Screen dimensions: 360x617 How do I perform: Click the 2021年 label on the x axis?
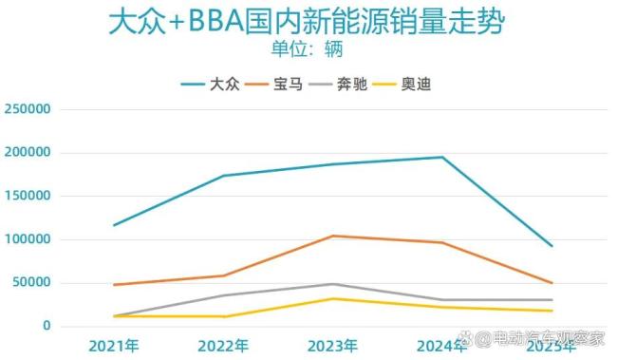click(x=113, y=345)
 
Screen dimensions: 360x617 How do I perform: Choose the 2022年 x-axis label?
click(x=223, y=345)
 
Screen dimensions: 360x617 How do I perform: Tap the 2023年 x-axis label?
click(x=332, y=345)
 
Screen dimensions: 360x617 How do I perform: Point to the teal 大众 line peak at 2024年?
click(x=442, y=158)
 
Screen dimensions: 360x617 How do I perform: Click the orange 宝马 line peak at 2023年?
click(x=332, y=236)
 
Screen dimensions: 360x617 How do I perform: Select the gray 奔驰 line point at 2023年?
click(x=332, y=284)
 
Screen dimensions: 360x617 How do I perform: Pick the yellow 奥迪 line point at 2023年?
click(x=332, y=299)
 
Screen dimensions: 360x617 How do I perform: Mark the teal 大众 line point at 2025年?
click(x=552, y=246)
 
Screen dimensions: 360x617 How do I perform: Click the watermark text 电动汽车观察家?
click(x=549, y=338)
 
